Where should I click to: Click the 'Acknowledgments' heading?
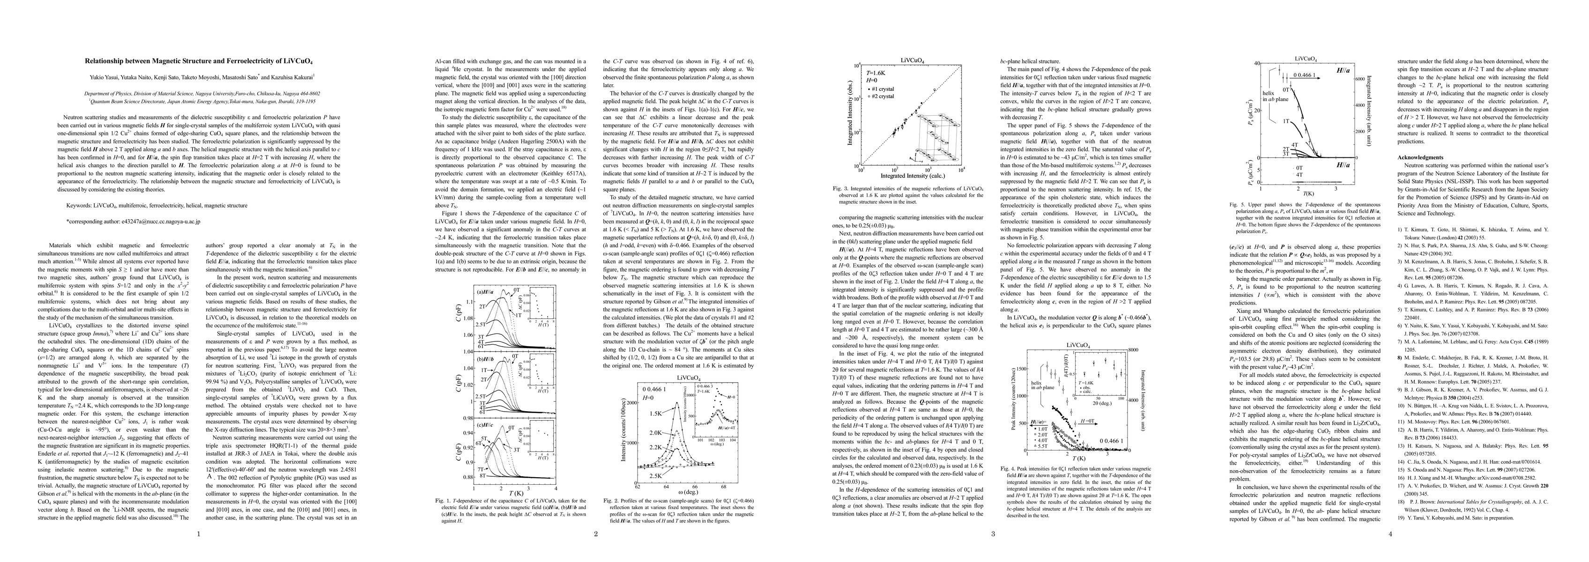(x=1420, y=157)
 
